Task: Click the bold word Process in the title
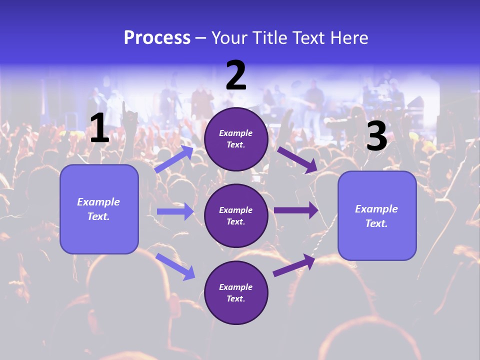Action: (x=157, y=38)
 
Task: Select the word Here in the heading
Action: (x=348, y=38)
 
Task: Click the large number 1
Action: (x=99, y=128)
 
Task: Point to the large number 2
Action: (x=236, y=76)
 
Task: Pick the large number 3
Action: (x=377, y=136)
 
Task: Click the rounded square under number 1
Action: (x=99, y=209)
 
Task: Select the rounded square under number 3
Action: (x=377, y=216)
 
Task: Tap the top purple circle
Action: (x=236, y=139)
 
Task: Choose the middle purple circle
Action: (x=236, y=215)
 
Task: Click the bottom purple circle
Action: (x=236, y=292)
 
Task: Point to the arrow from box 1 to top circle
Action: (x=174, y=159)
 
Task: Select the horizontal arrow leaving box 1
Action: (x=175, y=211)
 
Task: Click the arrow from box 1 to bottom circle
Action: (x=175, y=266)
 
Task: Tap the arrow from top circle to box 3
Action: (x=297, y=159)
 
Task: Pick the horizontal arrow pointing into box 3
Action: (x=296, y=210)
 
